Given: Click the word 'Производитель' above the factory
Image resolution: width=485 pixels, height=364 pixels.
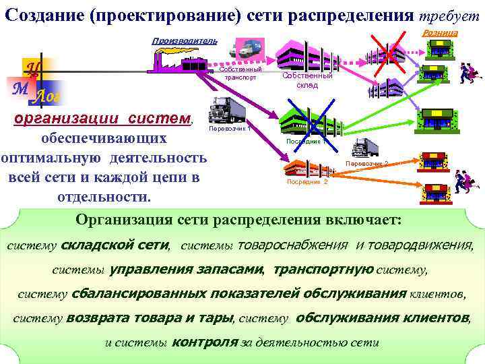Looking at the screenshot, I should [x=184, y=40].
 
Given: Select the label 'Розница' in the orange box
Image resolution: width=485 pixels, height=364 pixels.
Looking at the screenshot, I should [x=440, y=33].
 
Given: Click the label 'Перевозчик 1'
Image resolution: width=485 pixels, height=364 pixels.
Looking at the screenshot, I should [x=230, y=128].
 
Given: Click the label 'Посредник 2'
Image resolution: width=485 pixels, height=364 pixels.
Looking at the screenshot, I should [x=306, y=182].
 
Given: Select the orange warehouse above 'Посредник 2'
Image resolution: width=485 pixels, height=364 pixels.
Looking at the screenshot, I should [x=307, y=167].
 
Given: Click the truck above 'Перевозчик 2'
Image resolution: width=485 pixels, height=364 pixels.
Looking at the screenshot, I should [x=365, y=146].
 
